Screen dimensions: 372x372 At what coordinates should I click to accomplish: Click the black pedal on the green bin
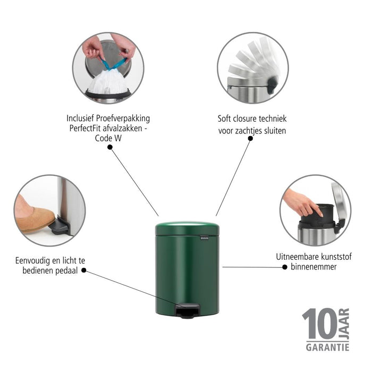point(188,311)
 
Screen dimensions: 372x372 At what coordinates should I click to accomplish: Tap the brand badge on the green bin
point(205,237)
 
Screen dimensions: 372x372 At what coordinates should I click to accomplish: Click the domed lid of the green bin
point(187,228)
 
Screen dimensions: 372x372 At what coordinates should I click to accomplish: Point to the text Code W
point(108,138)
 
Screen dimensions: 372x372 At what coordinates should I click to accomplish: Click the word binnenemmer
point(314,267)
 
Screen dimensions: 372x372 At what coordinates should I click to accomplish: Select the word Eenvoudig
point(33,261)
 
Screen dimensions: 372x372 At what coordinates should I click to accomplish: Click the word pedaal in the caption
point(67,270)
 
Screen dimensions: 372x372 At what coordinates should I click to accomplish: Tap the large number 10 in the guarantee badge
point(319,324)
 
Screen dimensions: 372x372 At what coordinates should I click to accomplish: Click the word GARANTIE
point(327,348)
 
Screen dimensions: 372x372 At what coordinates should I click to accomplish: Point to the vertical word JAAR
point(344,324)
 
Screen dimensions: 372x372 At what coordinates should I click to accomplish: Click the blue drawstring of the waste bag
point(113,63)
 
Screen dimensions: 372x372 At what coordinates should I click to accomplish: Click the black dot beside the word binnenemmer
point(285,267)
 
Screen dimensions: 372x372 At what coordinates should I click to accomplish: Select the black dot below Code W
point(110,147)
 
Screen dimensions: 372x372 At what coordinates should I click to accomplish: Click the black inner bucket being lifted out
point(318,214)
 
